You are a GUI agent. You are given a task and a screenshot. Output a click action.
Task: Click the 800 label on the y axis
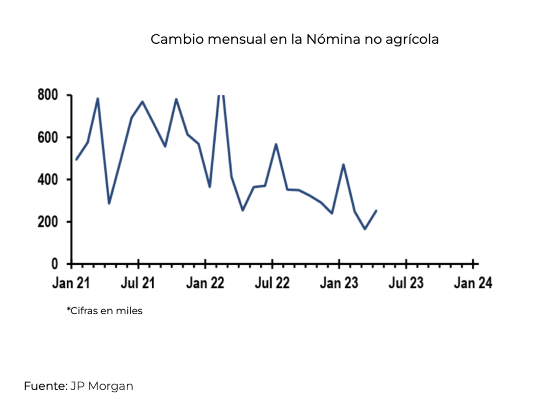(48, 95)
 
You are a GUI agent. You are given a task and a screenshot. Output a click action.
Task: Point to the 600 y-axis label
(48, 137)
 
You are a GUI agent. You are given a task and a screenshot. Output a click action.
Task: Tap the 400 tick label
(48, 180)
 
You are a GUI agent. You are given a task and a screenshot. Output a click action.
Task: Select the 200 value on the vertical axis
(48, 222)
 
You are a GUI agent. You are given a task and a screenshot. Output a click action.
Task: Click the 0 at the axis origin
(54, 264)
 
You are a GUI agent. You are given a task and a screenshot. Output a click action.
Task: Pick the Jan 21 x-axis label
(71, 284)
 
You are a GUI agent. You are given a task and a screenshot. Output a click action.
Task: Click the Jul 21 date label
(137, 284)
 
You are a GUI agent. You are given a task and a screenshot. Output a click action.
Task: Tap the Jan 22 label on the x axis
(205, 284)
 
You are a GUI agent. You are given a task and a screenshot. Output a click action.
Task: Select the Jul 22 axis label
(272, 284)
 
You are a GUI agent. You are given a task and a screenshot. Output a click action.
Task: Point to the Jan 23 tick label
(339, 284)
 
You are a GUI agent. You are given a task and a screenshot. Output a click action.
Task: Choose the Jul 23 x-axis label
(405, 284)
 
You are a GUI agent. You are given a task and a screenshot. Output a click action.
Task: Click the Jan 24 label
(473, 284)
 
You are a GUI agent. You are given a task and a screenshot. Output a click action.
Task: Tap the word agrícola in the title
(412, 40)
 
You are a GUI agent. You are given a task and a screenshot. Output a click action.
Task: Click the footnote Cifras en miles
(104, 311)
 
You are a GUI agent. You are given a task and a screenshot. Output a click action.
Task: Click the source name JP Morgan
(102, 386)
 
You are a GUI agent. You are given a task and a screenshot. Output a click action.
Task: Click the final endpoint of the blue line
(376, 211)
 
